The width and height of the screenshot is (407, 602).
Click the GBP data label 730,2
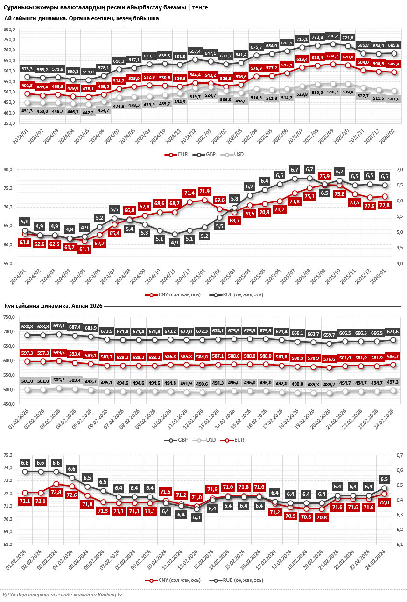pos(332,36)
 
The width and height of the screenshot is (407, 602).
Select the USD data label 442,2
pos(88,112)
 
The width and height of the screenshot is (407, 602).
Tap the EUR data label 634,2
pos(332,56)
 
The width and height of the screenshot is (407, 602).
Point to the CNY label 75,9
pos(324,176)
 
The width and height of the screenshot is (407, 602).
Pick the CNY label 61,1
pos(84,249)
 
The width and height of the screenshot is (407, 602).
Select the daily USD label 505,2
pos(59,380)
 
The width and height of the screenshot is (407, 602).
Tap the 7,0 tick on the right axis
pos(400,170)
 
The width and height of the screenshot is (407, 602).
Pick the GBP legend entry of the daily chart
pos(175,440)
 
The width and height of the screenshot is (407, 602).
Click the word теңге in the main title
pos(200,7)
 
